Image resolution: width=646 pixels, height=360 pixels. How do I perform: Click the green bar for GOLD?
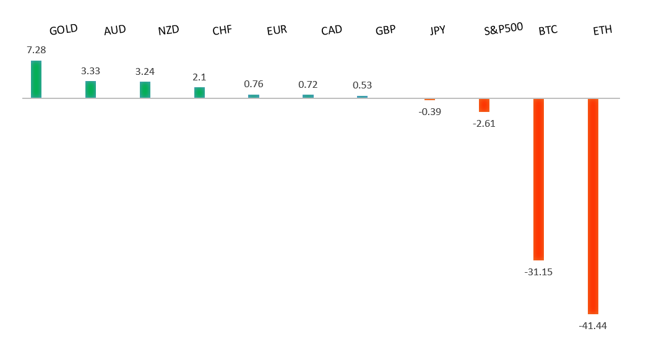36,79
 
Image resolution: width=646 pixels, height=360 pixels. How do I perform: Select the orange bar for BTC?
538,179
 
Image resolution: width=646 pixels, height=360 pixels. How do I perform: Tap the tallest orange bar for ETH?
593,206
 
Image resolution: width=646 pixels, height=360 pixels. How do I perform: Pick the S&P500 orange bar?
484,105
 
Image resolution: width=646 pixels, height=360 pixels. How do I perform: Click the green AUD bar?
90,89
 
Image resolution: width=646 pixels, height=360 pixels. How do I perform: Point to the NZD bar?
145,90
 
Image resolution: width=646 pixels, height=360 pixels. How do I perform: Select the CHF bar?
199,92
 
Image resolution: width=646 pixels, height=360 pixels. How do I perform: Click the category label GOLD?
63,30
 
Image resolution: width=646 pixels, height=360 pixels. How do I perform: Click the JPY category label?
437,30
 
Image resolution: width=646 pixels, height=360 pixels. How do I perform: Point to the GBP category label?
385,30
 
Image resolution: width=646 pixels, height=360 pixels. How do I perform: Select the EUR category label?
277,30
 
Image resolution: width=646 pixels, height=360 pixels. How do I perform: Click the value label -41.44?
593,325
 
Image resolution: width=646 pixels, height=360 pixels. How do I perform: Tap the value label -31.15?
538,272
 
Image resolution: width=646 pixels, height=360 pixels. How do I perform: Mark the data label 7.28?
37,49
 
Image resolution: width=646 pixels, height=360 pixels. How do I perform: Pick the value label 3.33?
90,71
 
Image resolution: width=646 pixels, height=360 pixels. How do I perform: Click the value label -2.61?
484,123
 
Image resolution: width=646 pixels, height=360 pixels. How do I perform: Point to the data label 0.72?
308,84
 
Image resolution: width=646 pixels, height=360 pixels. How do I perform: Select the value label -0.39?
429,111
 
